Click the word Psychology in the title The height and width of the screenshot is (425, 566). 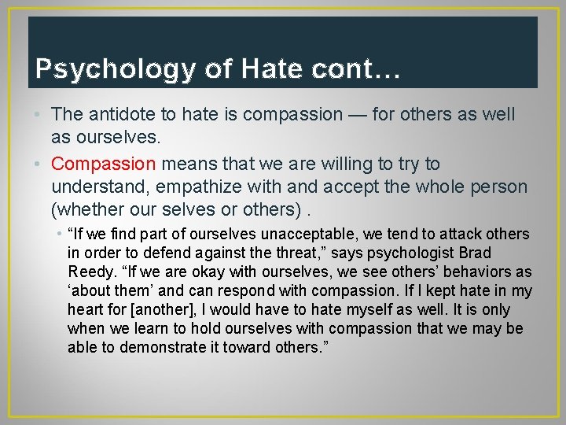pos(114,69)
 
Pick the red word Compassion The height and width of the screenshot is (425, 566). pos(104,164)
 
